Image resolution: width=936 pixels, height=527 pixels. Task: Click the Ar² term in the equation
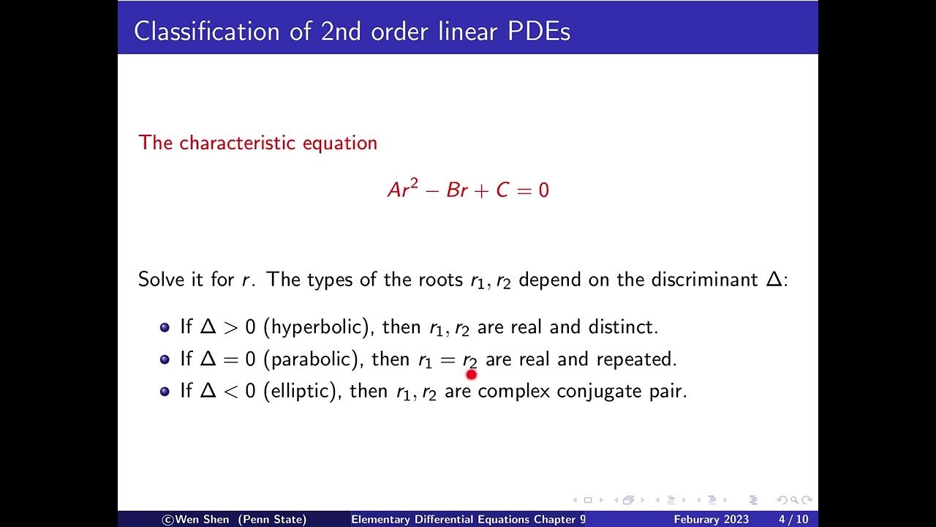click(x=403, y=190)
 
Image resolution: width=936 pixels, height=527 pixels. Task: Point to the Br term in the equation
click(x=456, y=190)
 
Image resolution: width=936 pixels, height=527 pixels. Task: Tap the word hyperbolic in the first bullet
click(x=316, y=327)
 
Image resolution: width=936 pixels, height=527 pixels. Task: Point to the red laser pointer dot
click(x=471, y=375)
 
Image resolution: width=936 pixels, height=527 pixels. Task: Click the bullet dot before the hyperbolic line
click(x=165, y=327)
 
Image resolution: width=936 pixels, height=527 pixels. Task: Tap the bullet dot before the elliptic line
click(x=165, y=391)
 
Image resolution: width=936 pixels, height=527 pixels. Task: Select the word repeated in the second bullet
click(x=636, y=359)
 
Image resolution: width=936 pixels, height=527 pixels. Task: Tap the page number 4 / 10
click(x=793, y=520)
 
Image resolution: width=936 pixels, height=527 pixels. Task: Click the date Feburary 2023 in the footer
click(x=711, y=520)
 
